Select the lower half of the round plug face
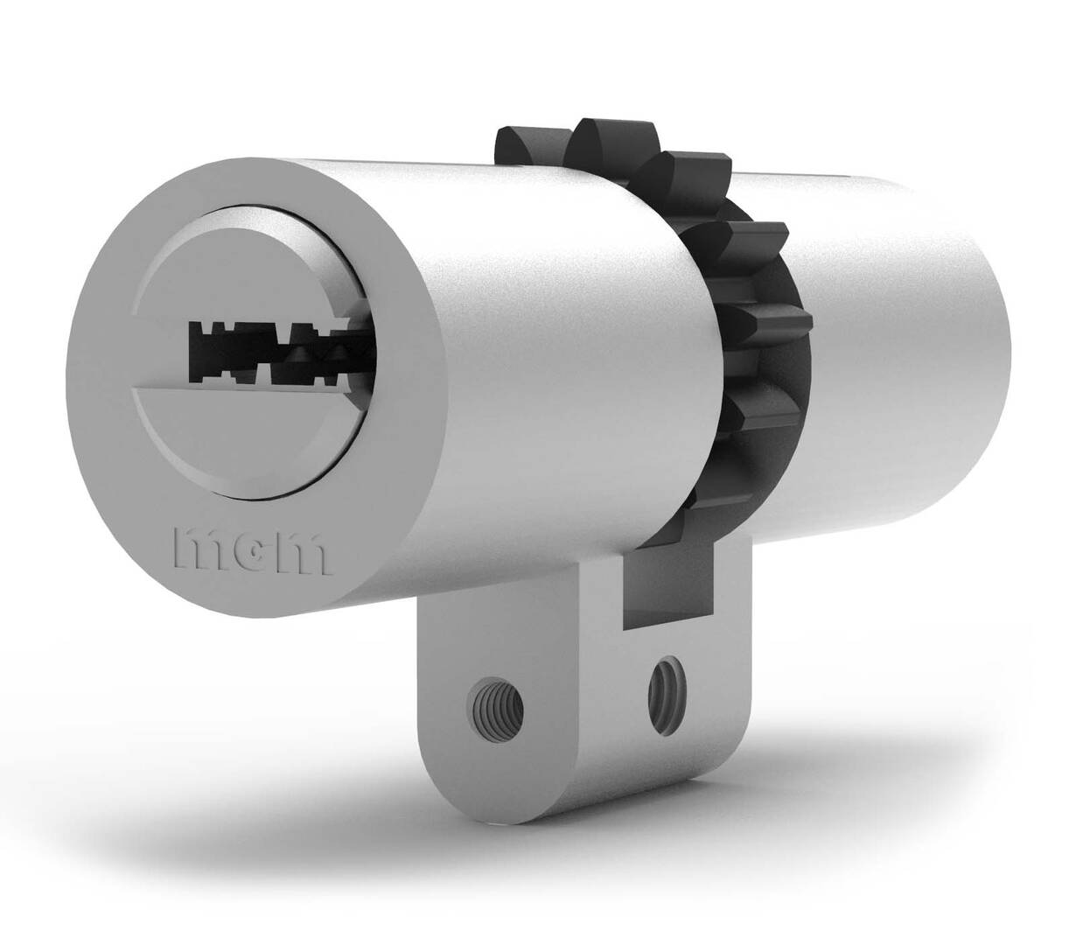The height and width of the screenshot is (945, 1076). click(x=254, y=437)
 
